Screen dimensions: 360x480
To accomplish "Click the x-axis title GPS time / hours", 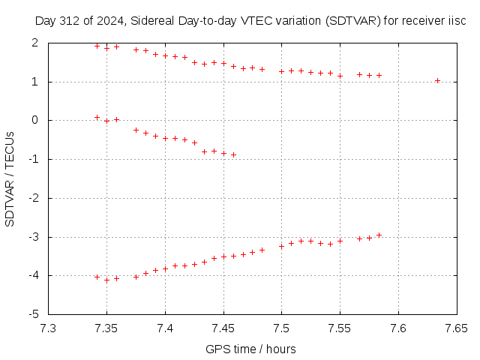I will (250, 349).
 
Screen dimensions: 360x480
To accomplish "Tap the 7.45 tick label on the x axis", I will (223, 328).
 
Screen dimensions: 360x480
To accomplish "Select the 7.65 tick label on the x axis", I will (456, 328).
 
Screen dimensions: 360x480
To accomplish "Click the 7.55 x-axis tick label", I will (340, 328).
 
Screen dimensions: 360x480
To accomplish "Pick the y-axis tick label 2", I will (34, 43).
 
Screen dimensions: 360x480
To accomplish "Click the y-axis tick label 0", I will (34, 120).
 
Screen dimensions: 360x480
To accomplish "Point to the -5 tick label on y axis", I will (32, 314).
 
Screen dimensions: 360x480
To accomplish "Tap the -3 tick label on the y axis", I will (32, 237).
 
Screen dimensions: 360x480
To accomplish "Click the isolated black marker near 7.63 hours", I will (437, 80).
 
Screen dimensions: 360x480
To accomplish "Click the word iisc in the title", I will (457, 21).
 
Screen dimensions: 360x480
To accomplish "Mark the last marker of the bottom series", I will (379, 235).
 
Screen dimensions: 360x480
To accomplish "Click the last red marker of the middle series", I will (233, 154).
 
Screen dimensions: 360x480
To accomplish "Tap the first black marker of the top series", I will (97, 46).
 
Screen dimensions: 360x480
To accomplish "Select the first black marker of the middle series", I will (97, 117).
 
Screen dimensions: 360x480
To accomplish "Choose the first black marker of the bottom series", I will (97, 277).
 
